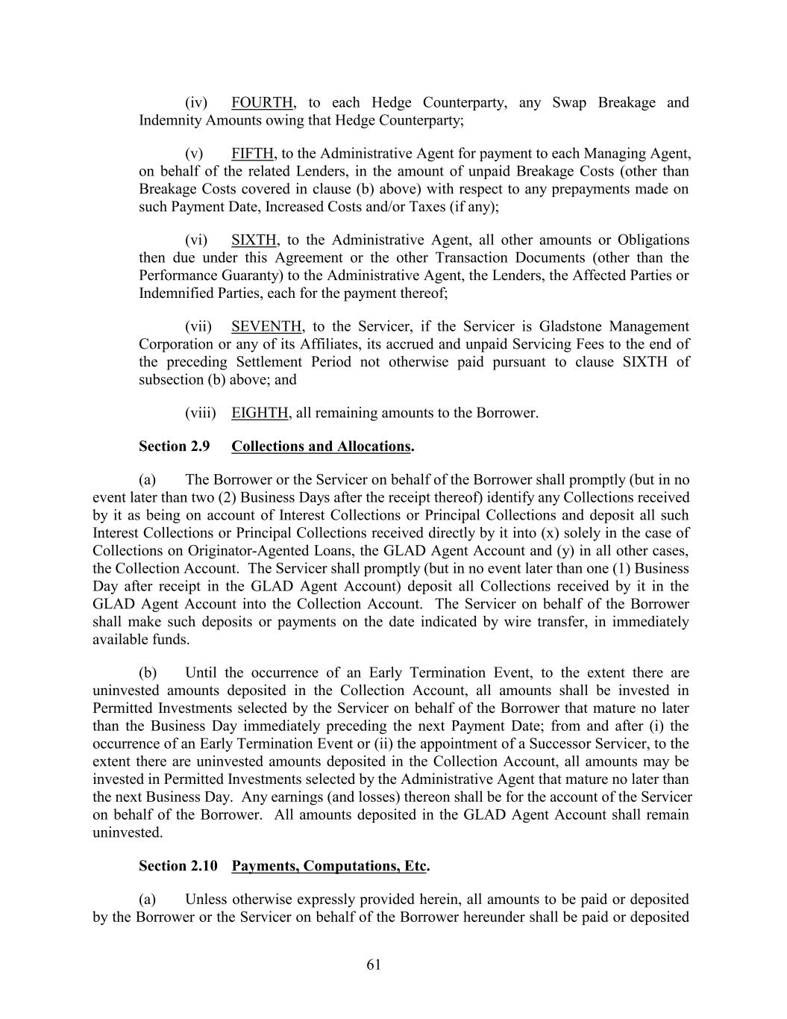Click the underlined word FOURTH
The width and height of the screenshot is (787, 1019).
tap(263, 102)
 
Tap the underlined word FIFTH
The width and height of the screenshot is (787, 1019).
tap(253, 154)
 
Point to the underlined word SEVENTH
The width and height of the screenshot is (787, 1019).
tap(267, 327)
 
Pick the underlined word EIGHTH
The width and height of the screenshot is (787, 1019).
tap(260, 413)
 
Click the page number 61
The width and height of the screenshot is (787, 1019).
tap(374, 965)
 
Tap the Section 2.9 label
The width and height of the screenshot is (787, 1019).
tap(174, 446)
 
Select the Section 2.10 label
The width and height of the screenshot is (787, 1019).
tap(178, 866)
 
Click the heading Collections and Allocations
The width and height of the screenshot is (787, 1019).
tap(321, 446)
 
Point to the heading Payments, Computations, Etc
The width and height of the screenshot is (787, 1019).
tap(329, 866)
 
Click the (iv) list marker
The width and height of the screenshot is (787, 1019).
tap(196, 102)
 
